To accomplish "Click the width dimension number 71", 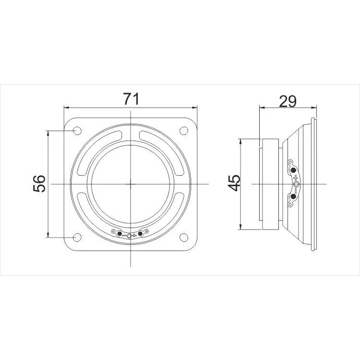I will pyautogui.click(x=131, y=99).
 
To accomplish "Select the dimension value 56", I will pyautogui.click(x=40, y=183).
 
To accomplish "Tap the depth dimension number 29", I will pyautogui.click(x=288, y=101).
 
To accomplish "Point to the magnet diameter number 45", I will pyautogui.click(x=234, y=183).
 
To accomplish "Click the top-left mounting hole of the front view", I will pyautogui.click(x=77, y=131).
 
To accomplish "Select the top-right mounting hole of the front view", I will pyautogui.click(x=183, y=131).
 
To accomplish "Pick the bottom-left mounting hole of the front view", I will pyautogui.click(x=77, y=237).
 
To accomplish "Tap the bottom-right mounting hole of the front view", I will pyautogui.click(x=183, y=237).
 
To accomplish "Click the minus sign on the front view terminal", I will pyautogui.click(x=124, y=236).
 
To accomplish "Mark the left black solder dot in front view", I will pyautogui.click(x=119, y=233).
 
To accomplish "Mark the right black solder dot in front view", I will pyautogui.click(x=140, y=234).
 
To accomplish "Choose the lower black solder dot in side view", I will pyautogui.click(x=293, y=196).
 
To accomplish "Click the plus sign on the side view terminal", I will pyautogui.click(x=296, y=178).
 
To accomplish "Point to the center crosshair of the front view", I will pyautogui.click(x=130, y=183).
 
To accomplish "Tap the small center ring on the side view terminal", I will pyautogui.click(x=297, y=184).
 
